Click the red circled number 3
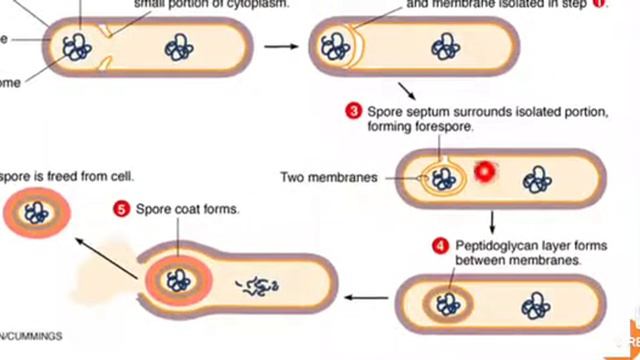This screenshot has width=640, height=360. coord(353,112)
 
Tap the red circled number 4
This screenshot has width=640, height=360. coord(440,244)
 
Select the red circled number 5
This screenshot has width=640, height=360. coord(121,209)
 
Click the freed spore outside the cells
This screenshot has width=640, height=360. coord(37,213)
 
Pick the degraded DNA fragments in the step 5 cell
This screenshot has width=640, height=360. coord(256,288)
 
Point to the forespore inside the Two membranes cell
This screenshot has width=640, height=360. coord(442,178)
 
